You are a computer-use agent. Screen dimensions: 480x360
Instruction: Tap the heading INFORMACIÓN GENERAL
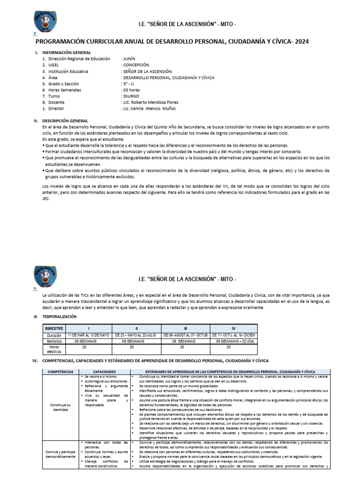coord(67,52)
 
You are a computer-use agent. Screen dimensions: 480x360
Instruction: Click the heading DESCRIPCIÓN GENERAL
coord(65,120)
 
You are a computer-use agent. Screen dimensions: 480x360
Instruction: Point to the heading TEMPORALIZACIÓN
coord(62,317)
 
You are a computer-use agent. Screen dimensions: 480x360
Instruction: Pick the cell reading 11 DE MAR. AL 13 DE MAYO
coord(88,335)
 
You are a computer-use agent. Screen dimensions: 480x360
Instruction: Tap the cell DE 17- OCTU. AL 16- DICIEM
coord(234,335)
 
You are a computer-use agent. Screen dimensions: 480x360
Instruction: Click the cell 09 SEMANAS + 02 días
coord(234,341)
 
